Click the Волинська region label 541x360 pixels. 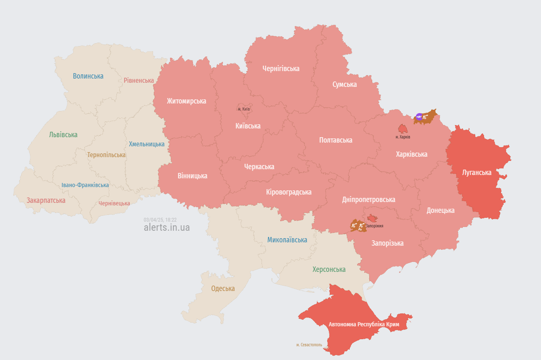[x=88, y=76]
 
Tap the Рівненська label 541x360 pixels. [x=138, y=80]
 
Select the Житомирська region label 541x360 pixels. [x=186, y=101]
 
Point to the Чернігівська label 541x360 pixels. [x=281, y=69]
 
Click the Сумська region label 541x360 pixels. [x=344, y=84]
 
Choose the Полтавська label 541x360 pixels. [x=336, y=140]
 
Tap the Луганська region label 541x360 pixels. [x=477, y=173]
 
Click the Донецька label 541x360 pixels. [x=440, y=210]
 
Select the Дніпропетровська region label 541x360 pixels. [x=368, y=200]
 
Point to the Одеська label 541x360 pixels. [x=223, y=288]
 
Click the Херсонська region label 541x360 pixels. [x=329, y=269]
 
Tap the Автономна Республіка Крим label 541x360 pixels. [x=364, y=324]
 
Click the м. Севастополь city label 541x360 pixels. [x=309, y=345]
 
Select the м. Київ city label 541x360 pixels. [x=244, y=109]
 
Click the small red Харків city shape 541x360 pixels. [x=403, y=128]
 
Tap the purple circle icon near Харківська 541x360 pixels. [x=419, y=116]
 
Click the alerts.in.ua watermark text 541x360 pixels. [x=166, y=227]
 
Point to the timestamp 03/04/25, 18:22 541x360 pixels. [x=160, y=219]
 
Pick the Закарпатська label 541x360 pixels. [x=46, y=200]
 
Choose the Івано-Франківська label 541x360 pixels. [x=85, y=185]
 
